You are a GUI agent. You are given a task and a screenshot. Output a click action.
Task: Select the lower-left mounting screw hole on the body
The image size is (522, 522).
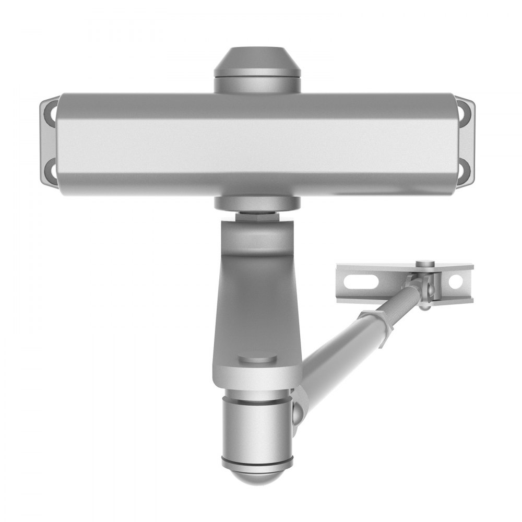click(x=50, y=168)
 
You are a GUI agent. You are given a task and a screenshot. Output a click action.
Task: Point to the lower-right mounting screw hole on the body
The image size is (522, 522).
click(x=464, y=168)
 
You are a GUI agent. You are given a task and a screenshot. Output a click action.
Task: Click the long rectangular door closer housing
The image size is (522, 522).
click(x=256, y=144)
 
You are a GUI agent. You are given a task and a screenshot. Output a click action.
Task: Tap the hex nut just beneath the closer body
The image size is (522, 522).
click(x=256, y=215)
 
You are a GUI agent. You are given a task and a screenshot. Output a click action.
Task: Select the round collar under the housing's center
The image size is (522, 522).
click(x=256, y=203)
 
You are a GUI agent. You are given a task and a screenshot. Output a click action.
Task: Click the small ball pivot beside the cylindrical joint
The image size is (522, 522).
click(x=297, y=412)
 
